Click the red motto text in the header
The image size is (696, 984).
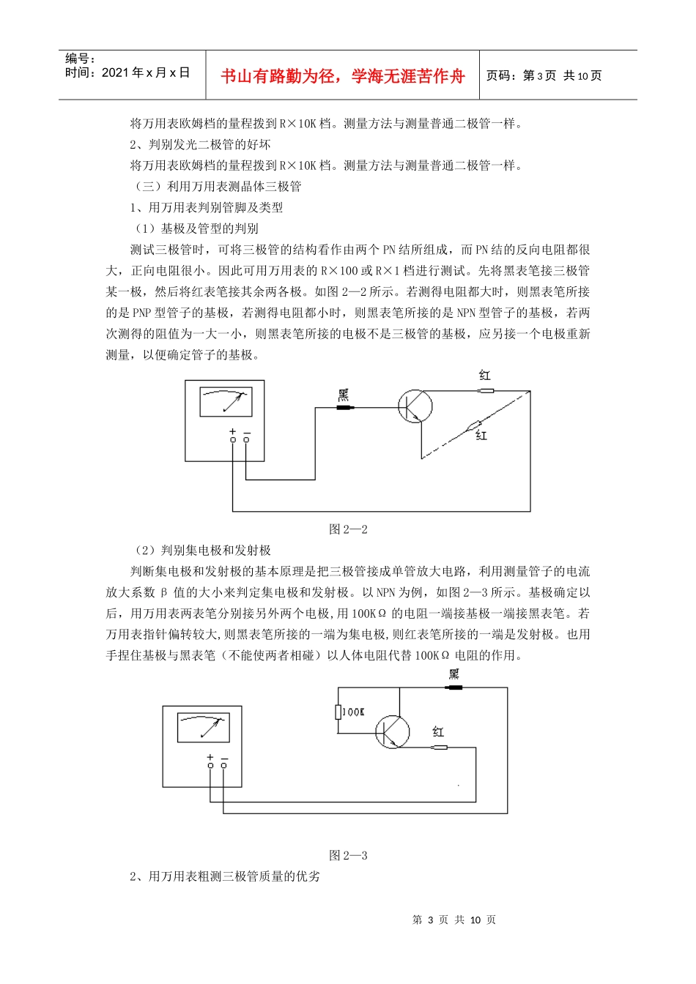click(342, 76)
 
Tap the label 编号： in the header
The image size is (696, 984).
click(81, 59)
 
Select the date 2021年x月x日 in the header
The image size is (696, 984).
click(127, 72)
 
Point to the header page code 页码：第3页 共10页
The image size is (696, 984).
click(544, 75)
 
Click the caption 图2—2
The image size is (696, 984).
click(348, 529)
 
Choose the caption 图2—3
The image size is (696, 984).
click(348, 855)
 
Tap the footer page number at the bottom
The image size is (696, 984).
click(454, 920)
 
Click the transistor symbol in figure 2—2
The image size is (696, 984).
click(415, 406)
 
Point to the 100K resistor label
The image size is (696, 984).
click(353, 712)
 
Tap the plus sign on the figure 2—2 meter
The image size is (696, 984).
click(233, 432)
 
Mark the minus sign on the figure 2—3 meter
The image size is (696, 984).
click(224, 758)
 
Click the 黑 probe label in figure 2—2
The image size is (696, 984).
click(343, 396)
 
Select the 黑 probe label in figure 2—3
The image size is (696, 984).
click(454, 674)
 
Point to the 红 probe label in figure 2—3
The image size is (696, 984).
click(438, 731)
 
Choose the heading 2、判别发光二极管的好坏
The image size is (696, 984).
click(200, 145)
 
